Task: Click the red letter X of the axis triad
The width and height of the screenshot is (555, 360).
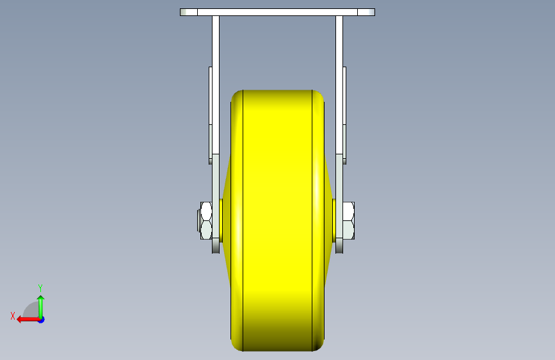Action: tap(13, 316)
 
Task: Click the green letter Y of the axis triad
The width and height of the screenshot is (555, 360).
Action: tap(40, 288)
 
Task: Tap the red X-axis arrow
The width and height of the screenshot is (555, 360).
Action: tap(29, 320)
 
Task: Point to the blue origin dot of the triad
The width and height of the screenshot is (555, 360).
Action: tap(42, 320)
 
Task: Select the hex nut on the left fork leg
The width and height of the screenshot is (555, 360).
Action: tap(206, 220)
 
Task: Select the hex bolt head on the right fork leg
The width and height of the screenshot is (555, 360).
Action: tap(349, 220)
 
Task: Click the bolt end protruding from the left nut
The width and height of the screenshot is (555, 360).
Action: tap(198, 221)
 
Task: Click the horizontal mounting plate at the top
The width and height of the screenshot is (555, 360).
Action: tap(278, 12)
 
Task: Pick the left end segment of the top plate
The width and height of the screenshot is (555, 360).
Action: tap(189, 12)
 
